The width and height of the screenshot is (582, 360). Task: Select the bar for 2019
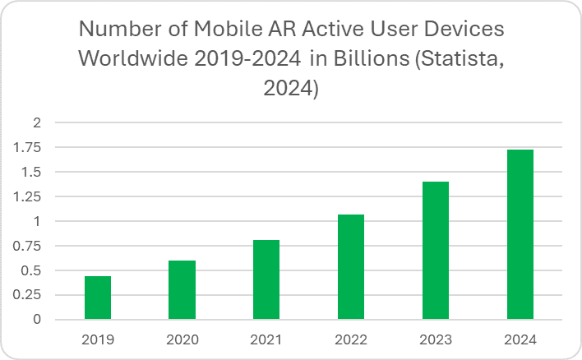click(x=98, y=298)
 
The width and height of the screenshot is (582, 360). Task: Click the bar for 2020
click(x=182, y=290)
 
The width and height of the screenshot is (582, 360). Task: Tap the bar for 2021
click(x=266, y=279)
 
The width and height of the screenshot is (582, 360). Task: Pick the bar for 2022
click(x=351, y=267)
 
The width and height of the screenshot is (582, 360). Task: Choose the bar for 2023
click(x=436, y=251)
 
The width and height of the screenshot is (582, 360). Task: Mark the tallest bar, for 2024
click(x=520, y=235)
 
